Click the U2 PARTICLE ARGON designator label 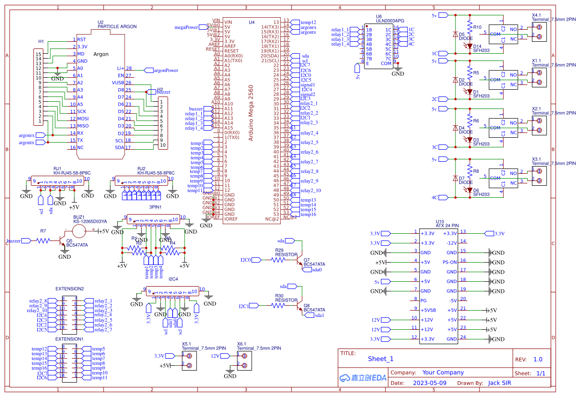(x=116, y=24)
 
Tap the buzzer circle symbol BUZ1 (x=79, y=231)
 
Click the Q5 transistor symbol (x=62, y=241)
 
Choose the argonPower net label (x=165, y=70)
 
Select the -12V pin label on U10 (x=451, y=243)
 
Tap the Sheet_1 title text (x=381, y=359)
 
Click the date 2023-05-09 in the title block (x=430, y=383)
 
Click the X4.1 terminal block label (x=536, y=15)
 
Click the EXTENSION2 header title (x=70, y=289)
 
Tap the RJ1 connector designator (x=58, y=168)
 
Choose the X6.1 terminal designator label (x=242, y=344)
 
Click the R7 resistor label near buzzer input (x=43, y=231)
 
